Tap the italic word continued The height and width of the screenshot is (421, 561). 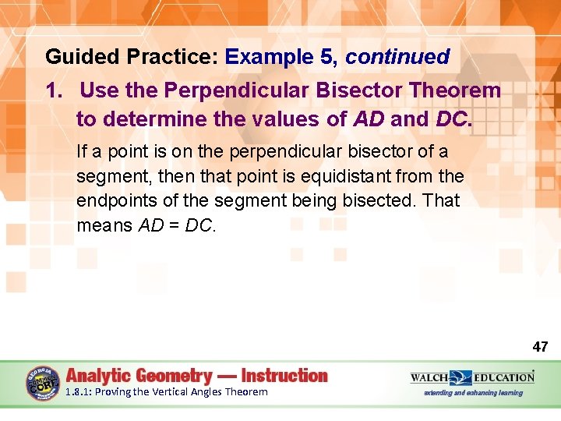pyautogui.click(x=397, y=57)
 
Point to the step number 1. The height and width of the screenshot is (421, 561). pyautogui.click(x=53, y=90)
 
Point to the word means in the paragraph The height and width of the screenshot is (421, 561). pyautogui.click(x=104, y=226)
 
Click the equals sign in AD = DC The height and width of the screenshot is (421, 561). pyautogui.click(x=173, y=226)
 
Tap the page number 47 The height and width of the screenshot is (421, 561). pyautogui.click(x=540, y=346)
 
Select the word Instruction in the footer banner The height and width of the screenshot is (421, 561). pyautogui.click(x=285, y=375)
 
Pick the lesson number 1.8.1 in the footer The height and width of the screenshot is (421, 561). pyautogui.click(x=79, y=392)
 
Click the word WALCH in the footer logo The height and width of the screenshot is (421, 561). pyautogui.click(x=429, y=377)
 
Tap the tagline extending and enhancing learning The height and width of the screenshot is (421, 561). pyautogui.click(x=473, y=393)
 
